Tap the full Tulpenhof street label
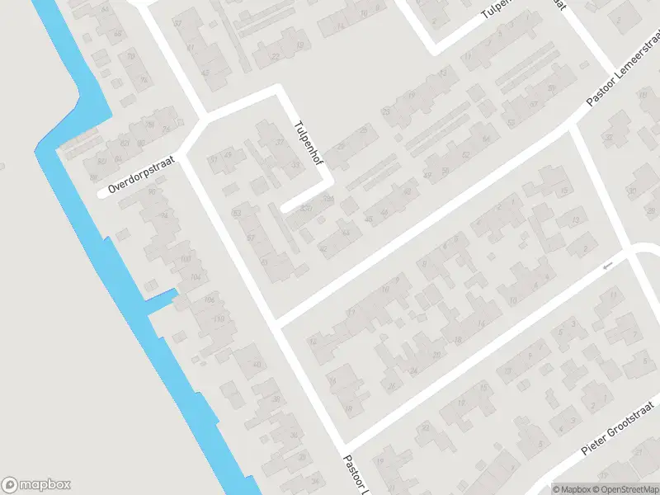click(x=307, y=144)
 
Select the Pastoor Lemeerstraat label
click(x=625, y=73)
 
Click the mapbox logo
click(x=36, y=485)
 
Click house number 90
click(x=151, y=191)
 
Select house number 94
click(x=163, y=216)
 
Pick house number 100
click(x=186, y=259)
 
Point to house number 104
click(x=196, y=276)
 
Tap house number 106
click(x=209, y=299)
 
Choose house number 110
click(x=218, y=318)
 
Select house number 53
click(x=237, y=214)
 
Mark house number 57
click(x=250, y=238)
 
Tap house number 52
click(x=466, y=153)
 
